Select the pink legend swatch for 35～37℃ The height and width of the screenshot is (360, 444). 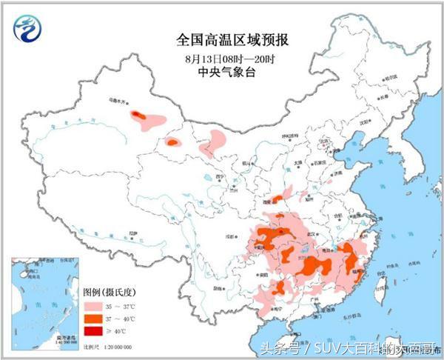[x=92, y=304]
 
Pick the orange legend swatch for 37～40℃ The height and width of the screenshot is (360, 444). [x=92, y=317]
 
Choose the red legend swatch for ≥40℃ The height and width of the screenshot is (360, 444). [x=92, y=330]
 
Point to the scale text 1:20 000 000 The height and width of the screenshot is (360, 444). [x=113, y=346]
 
